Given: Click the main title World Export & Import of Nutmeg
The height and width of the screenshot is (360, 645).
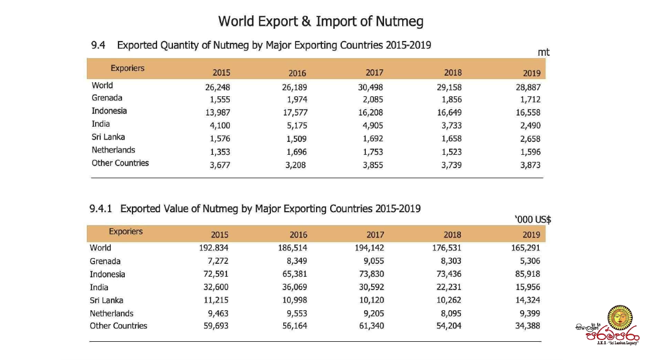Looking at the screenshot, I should click(x=321, y=22).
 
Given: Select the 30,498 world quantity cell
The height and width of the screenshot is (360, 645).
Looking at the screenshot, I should click(x=371, y=87).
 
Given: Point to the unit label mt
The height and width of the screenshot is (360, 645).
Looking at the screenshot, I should click(x=544, y=53).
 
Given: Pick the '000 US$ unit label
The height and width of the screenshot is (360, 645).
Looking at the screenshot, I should click(x=532, y=220).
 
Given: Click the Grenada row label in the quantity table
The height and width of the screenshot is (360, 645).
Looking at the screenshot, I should click(x=107, y=98).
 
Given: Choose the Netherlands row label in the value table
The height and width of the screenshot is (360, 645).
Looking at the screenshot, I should click(x=111, y=313).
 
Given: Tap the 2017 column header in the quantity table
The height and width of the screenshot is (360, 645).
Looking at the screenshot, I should click(x=374, y=73).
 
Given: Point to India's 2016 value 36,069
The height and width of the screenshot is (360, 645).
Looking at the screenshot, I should click(x=294, y=287).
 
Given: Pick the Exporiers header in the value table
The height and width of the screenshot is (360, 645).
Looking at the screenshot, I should click(x=125, y=232).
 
